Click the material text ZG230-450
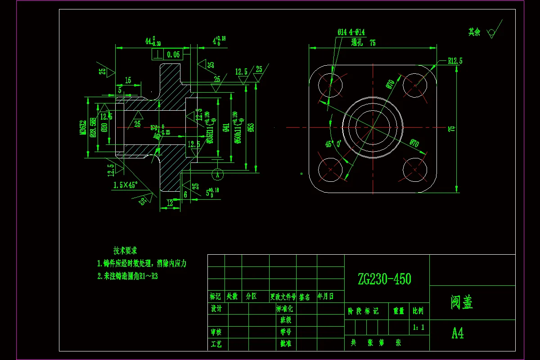[384, 279]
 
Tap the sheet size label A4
[458, 333]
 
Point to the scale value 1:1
[418, 327]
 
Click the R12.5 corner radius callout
[455, 60]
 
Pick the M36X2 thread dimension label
[83, 128]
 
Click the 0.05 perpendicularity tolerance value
[173, 55]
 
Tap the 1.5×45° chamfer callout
[126, 185]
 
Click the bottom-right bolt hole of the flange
[415, 170]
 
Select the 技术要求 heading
[125, 251]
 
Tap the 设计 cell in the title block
[216, 309]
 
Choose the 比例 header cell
[418, 311]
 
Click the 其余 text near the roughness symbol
[474, 32]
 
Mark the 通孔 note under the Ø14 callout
[357, 43]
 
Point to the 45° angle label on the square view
[329, 144]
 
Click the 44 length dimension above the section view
[148, 41]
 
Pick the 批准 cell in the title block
[285, 344]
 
